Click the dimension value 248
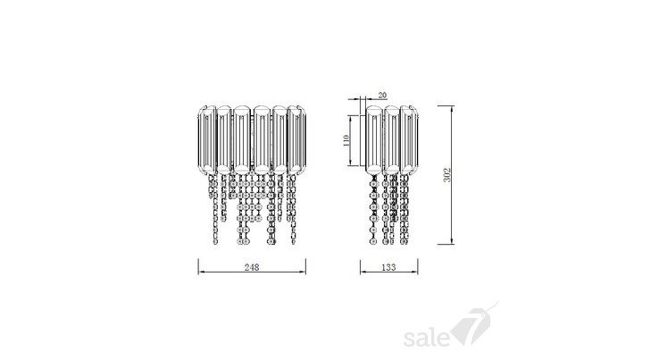(252, 267)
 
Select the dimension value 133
(388, 267)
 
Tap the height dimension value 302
(447, 175)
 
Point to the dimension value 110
(346, 140)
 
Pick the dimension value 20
(382, 96)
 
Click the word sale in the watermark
(426, 338)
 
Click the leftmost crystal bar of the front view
(207, 139)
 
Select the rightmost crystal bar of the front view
(296, 139)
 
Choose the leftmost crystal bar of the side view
(374, 139)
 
